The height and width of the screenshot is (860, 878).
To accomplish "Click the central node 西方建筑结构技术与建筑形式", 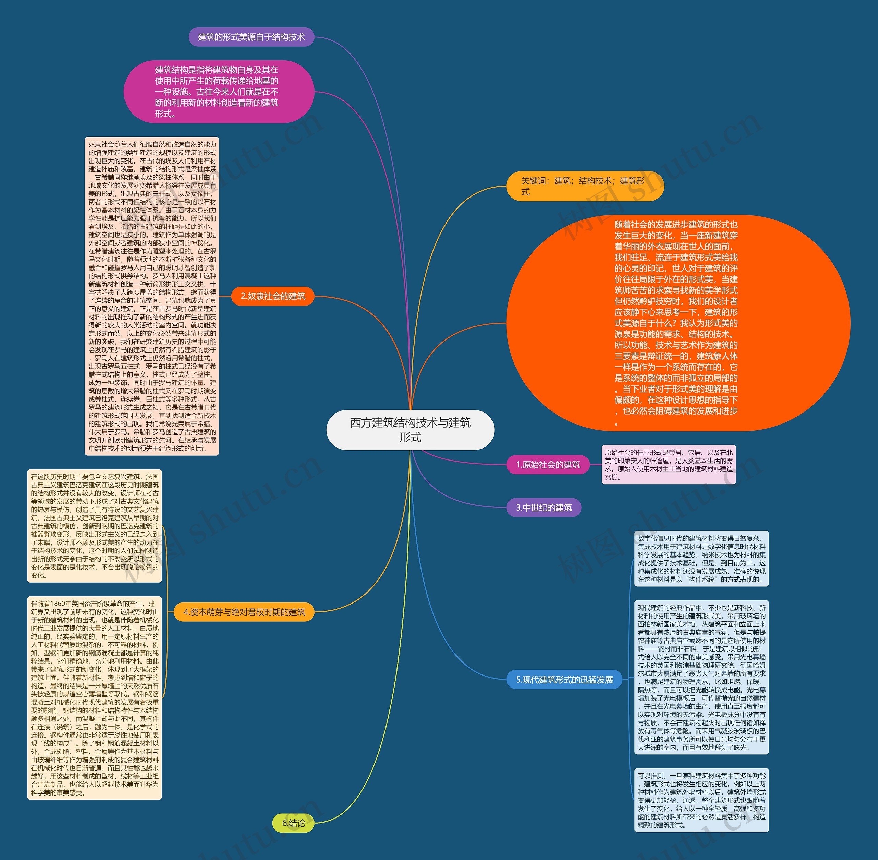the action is [410, 430].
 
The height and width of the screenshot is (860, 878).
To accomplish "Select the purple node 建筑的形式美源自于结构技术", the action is [251, 37].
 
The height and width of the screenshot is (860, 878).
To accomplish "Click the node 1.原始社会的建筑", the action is [548, 465].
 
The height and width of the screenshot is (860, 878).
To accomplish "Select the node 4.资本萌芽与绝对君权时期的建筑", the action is [244, 612].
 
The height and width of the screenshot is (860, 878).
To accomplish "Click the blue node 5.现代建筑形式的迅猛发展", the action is [565, 680].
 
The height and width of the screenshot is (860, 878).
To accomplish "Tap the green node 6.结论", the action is [293, 823].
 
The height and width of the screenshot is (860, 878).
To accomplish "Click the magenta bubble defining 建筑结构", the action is [219, 92].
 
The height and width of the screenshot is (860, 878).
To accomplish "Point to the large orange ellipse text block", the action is [678, 323].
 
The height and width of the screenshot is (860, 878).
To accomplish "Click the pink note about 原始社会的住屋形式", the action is [668, 465].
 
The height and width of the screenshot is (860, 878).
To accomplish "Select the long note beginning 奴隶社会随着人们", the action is [152, 296].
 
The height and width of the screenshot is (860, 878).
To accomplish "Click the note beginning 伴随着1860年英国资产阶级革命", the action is [94, 697].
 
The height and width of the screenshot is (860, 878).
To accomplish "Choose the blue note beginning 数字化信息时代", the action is [701, 559].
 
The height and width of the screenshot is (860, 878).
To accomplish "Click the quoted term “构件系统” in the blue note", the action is [701, 580].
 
